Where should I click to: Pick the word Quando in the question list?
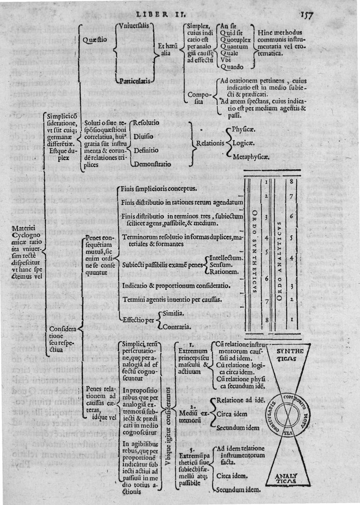pyautogui.click(x=233, y=66)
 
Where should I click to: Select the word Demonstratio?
pyautogui.click(x=152, y=164)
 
